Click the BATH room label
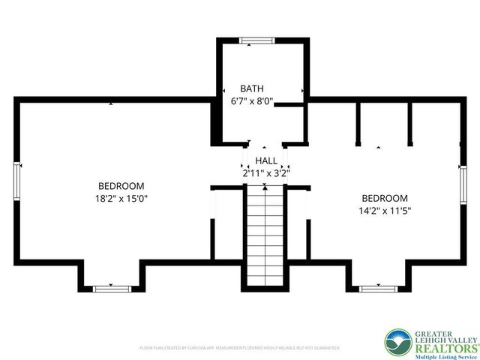coord(251,88)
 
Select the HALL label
coord(265,160)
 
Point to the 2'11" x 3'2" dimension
coord(265,172)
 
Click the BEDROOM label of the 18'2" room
coord(121,186)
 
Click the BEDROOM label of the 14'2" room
coord(384,198)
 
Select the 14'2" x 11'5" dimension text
coord(384,211)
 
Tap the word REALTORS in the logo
coord(445,346)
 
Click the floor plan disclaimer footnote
coord(240,348)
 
